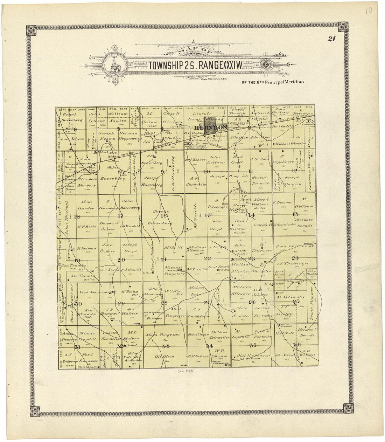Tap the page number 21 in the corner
[332, 39]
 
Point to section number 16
[163, 216]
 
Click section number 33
[166, 346]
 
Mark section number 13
[295, 214]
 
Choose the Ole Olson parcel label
[162, 357]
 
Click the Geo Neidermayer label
[93, 292]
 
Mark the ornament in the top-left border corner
[31, 31]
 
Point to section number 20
[121, 260]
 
